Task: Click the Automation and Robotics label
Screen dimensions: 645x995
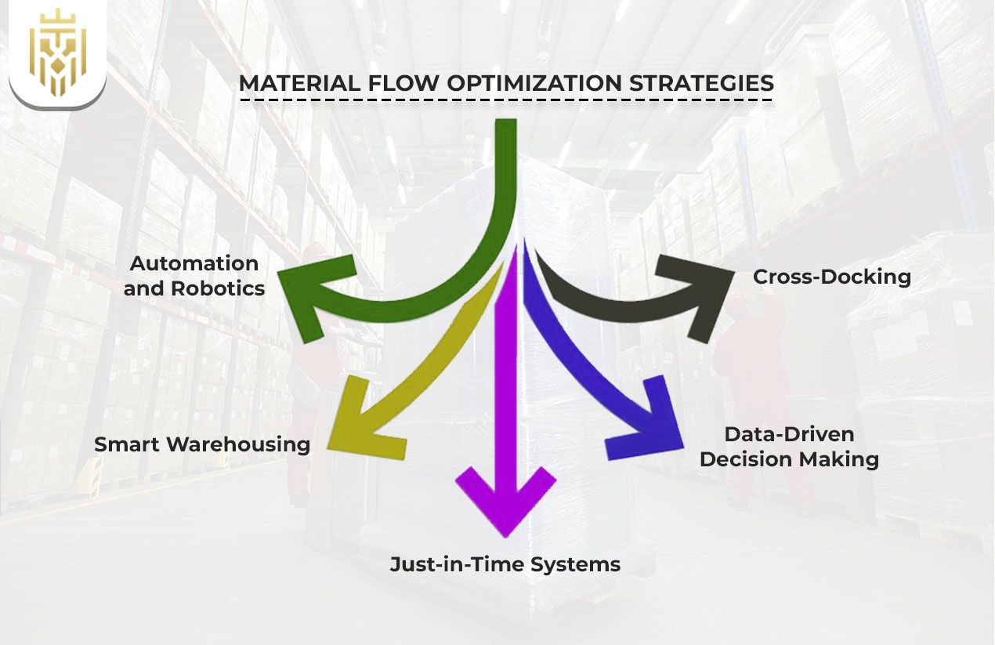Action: pos(194,276)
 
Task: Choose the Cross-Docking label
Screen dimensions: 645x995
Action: pos(831,277)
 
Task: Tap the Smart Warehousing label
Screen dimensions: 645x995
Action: pos(202,444)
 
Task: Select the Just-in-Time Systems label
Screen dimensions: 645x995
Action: pos(505,563)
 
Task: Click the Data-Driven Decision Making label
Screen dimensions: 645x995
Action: pos(789,447)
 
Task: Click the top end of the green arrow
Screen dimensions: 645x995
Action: pos(506,125)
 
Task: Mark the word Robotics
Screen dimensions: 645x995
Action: pos(217,288)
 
